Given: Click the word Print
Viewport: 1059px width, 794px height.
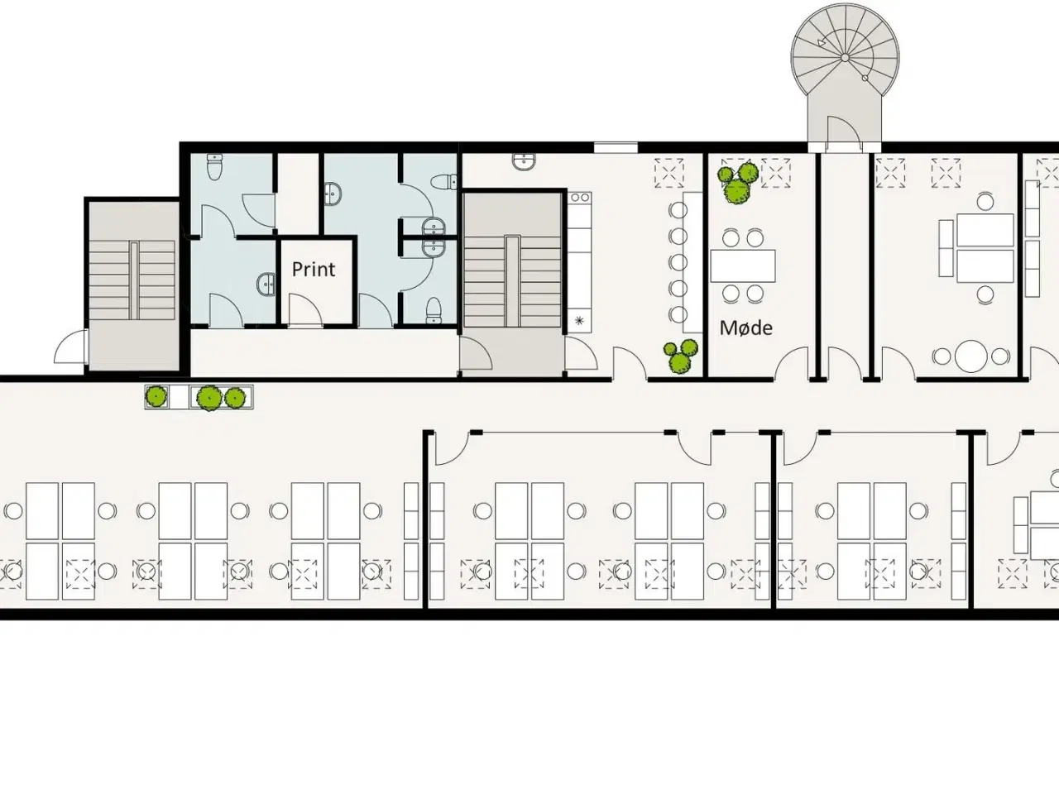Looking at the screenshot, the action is pos(313,269).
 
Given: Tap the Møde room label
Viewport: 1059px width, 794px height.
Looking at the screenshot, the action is pos(746,328).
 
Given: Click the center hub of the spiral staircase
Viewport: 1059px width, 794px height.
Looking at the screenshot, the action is pos(846,57).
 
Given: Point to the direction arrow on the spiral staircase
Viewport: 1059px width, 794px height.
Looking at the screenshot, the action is pos(822,43).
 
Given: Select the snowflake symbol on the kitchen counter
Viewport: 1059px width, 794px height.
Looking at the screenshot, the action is pos(579,320).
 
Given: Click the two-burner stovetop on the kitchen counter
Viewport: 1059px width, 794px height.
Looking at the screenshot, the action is pos(580,197).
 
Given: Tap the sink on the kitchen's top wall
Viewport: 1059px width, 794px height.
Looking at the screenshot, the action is pos(524,161).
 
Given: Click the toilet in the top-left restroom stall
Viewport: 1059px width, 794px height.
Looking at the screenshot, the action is pos(214,166).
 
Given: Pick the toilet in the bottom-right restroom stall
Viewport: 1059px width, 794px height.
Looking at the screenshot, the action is pos(434,310).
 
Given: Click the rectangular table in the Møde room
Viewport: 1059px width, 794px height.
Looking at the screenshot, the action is pos(743,265).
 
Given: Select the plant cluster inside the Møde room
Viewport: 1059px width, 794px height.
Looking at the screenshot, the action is pos(736,183).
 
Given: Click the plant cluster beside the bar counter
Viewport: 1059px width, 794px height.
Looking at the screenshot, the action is pos(680,356).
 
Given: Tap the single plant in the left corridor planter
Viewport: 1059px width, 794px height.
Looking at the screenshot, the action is pos(156,397).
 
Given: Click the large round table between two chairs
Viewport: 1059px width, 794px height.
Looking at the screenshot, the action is pos(971,356).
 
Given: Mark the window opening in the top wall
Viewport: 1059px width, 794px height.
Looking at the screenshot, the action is pos(616,147).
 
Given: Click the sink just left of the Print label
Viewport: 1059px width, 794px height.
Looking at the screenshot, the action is pos(266,285).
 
